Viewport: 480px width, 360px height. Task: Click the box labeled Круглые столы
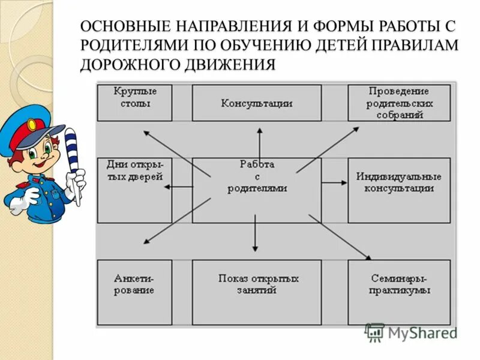pyautogui.click(x=134, y=102)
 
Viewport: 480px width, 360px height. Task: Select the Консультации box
pyautogui.click(x=256, y=103)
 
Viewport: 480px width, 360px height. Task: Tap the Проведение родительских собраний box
pyautogui.click(x=398, y=103)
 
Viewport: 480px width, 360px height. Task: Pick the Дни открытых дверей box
pyautogui.click(x=134, y=190)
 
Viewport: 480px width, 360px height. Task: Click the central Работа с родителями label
pyautogui.click(x=257, y=176)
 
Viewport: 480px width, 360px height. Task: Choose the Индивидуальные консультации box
pyautogui.click(x=398, y=190)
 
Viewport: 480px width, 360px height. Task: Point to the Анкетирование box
pyautogui.click(x=134, y=292)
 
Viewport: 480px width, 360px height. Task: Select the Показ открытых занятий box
pyautogui.click(x=256, y=292)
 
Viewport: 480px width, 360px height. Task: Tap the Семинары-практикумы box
pyautogui.click(x=398, y=292)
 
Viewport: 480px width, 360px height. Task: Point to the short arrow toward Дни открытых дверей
pyautogui.click(x=179, y=187)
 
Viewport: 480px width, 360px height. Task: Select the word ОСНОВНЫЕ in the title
pyautogui.click(x=125, y=27)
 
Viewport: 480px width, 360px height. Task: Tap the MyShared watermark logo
pyautogui.click(x=411, y=332)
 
